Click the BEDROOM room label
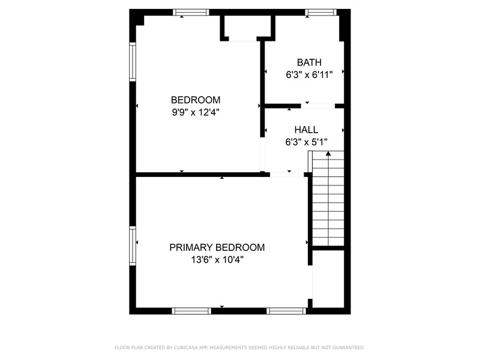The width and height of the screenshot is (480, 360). (x=196, y=100)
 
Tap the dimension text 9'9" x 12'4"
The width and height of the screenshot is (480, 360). (x=196, y=112)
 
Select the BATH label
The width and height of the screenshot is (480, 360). (x=309, y=62)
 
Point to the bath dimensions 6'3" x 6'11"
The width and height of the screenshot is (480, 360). (x=309, y=75)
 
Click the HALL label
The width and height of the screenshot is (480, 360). (x=306, y=130)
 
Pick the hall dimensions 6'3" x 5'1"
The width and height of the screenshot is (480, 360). (x=306, y=142)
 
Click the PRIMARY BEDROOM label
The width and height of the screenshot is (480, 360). (x=217, y=247)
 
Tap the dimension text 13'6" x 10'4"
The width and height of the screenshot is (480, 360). (x=217, y=260)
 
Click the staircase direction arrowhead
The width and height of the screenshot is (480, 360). (x=328, y=154)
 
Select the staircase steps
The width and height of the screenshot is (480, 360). (x=328, y=201)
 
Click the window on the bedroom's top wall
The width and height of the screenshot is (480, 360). (x=191, y=12)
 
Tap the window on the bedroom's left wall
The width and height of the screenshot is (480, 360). (x=133, y=61)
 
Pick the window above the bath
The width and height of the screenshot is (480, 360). (x=320, y=12)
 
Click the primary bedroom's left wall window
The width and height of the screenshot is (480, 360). (x=133, y=245)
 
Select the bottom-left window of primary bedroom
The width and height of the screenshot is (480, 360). (x=191, y=311)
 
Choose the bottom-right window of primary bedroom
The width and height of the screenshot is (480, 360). (x=286, y=311)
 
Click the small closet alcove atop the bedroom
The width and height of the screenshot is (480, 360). (x=247, y=27)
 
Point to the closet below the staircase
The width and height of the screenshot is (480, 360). (x=328, y=279)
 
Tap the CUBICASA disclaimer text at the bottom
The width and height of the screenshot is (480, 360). (x=239, y=347)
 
